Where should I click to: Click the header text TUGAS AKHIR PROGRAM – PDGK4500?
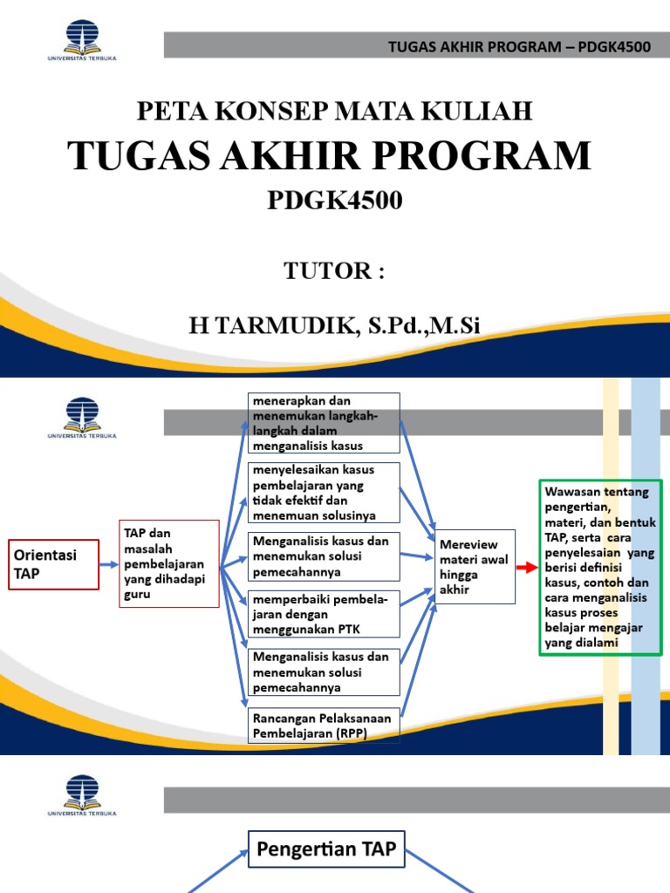click(x=520, y=46)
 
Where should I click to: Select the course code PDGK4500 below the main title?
click(x=334, y=201)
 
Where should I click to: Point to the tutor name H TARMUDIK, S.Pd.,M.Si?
click(x=334, y=326)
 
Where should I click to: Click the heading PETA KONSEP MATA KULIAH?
click(x=334, y=111)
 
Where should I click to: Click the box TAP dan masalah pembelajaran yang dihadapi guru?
click(x=167, y=563)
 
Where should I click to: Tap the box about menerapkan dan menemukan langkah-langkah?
click(x=324, y=423)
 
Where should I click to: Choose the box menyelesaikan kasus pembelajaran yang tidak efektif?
click(x=324, y=493)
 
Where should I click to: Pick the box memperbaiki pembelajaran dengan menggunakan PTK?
click(x=324, y=615)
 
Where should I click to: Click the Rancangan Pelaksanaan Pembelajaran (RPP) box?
click(x=324, y=725)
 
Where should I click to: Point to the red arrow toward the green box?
click(x=527, y=567)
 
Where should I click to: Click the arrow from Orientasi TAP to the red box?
click(x=107, y=564)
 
